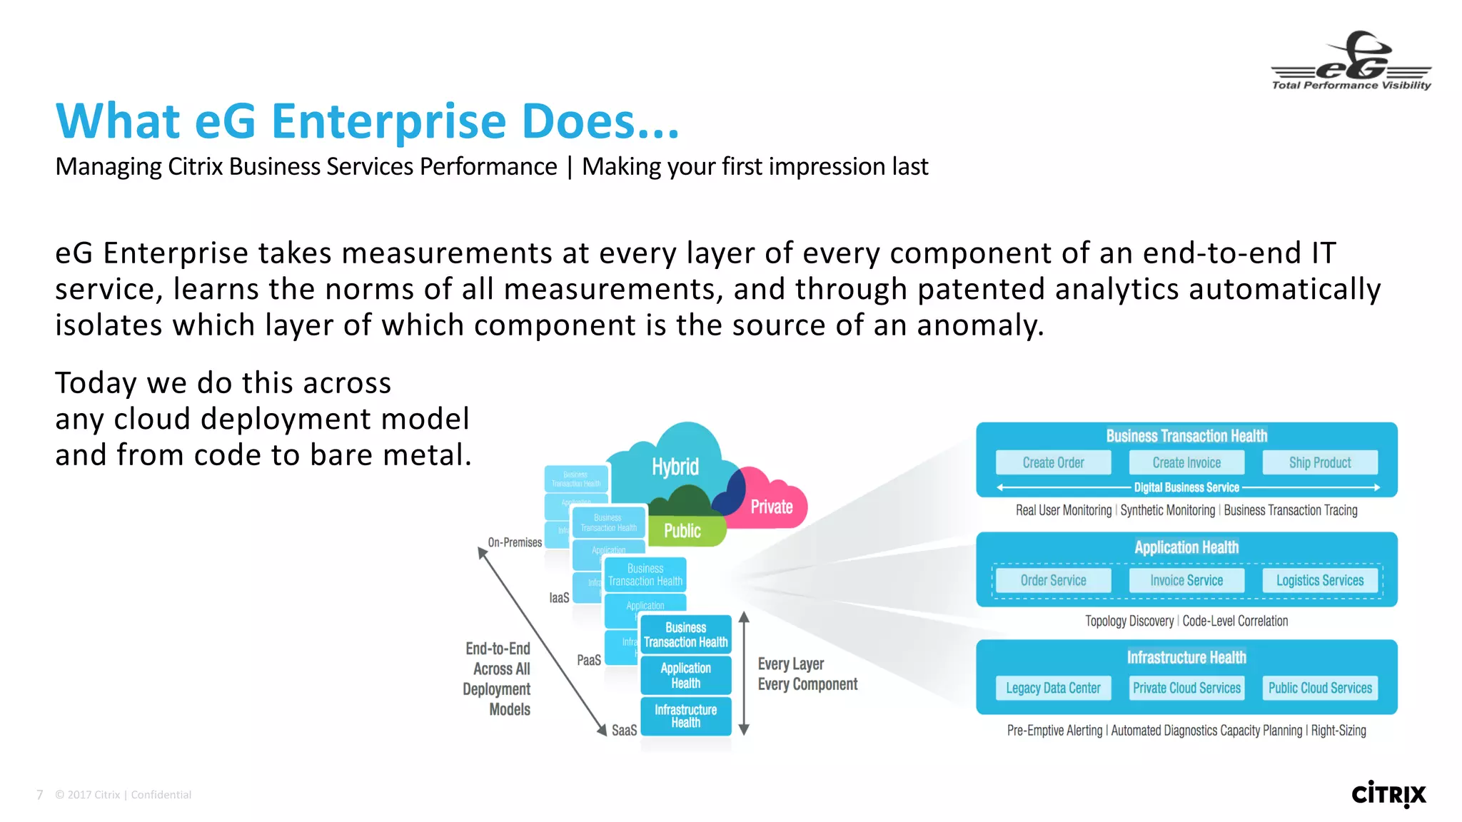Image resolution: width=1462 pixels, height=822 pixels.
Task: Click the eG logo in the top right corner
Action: tap(1351, 61)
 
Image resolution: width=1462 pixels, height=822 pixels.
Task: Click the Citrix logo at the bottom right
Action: tap(1388, 794)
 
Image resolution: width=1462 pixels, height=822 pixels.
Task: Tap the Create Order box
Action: tap(1053, 462)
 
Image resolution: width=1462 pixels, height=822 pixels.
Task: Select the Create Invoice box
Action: tap(1186, 462)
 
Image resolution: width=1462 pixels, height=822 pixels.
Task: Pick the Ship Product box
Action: tap(1320, 462)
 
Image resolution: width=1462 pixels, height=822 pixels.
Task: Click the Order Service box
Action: tap(1053, 580)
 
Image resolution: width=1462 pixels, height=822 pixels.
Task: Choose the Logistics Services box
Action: tap(1320, 580)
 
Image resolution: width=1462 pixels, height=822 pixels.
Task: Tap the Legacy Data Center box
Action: tap(1053, 688)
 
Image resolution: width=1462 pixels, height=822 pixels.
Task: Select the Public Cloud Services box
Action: tap(1320, 688)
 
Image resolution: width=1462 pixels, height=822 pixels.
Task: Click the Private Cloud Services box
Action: tap(1186, 688)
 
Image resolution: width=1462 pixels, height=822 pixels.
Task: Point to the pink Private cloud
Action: tap(772, 507)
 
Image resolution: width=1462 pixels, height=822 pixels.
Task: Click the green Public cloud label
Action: tap(682, 531)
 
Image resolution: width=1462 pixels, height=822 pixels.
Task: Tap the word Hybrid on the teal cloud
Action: tap(675, 467)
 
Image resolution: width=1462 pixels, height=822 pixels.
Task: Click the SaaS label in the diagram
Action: tap(624, 730)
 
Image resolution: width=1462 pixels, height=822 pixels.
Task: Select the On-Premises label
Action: tap(515, 542)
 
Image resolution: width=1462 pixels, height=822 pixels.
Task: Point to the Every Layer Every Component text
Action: tap(807, 674)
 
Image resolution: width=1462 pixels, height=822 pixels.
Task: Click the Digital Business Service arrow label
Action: tap(1186, 487)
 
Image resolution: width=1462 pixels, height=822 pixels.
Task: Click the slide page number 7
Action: tap(40, 795)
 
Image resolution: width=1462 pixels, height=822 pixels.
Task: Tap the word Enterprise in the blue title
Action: tap(388, 121)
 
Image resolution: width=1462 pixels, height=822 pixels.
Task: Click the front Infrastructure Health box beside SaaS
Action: tap(685, 716)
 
